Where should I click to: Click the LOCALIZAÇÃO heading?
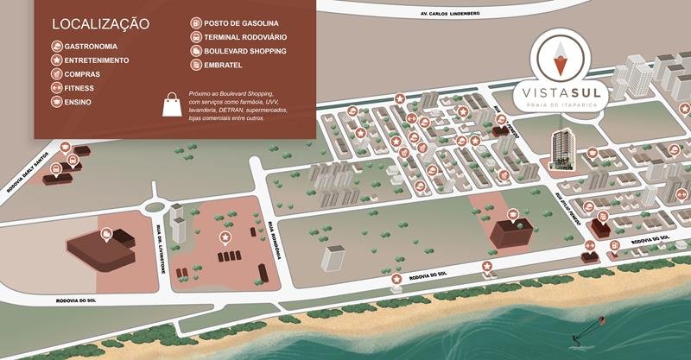(100, 23)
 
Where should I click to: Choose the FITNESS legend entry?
(79, 88)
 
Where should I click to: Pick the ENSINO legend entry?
(77, 102)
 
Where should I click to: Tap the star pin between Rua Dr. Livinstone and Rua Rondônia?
(225, 237)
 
